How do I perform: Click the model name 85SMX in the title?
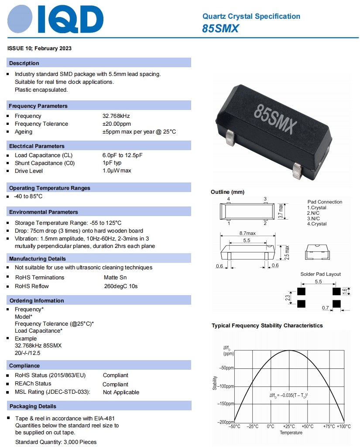click(x=220, y=28)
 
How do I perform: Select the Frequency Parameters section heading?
click(x=38, y=106)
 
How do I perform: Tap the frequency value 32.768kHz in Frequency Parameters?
click(x=116, y=116)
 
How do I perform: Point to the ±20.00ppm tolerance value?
click(x=117, y=124)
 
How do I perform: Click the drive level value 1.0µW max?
click(x=117, y=171)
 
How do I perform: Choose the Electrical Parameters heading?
click(x=37, y=146)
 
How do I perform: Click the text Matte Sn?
click(x=115, y=278)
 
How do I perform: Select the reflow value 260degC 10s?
click(x=120, y=286)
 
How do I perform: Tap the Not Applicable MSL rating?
click(x=121, y=392)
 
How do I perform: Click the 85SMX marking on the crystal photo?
click(x=275, y=118)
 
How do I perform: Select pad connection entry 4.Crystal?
click(x=317, y=224)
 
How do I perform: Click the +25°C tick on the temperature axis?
click(x=288, y=426)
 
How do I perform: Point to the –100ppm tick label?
click(x=226, y=386)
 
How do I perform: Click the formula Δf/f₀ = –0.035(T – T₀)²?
click(x=289, y=395)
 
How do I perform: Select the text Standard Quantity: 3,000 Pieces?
click(x=56, y=442)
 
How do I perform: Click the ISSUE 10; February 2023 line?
click(x=40, y=48)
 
